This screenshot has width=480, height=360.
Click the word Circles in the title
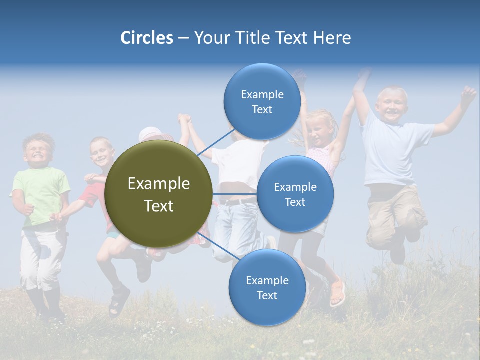146,38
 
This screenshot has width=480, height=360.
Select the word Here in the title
332,38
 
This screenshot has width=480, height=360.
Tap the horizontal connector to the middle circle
234,194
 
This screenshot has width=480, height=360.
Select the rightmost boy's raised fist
468,94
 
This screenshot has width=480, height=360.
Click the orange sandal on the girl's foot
337,293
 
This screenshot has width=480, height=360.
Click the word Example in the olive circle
158,184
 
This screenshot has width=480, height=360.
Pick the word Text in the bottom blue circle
267,295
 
